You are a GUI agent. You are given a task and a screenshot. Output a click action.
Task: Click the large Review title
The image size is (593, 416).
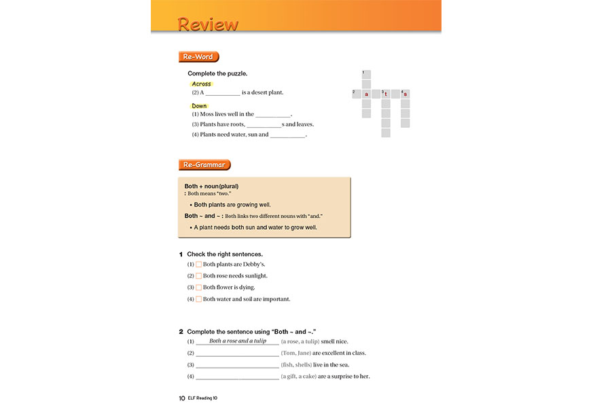point(208,24)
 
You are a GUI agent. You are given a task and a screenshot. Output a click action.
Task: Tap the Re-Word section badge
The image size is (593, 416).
point(198,57)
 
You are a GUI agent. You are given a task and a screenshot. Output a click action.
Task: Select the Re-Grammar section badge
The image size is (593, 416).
point(204,164)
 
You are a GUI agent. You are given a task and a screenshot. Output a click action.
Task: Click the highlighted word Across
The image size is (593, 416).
point(201,84)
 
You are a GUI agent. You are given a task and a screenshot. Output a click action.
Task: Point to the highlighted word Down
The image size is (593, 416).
point(199,106)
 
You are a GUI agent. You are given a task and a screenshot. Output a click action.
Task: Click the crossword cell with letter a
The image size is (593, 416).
point(366,94)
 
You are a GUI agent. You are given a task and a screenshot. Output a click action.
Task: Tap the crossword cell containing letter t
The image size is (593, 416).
point(386,94)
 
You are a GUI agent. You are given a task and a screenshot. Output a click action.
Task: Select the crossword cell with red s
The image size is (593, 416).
point(406,94)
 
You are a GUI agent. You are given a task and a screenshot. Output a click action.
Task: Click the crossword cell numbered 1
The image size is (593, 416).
point(366,75)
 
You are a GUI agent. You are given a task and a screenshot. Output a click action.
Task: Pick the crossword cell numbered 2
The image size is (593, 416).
point(357,94)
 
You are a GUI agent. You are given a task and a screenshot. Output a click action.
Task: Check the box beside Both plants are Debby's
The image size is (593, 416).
point(199,264)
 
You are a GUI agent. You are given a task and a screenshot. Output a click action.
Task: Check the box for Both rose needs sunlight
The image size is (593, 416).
point(199,276)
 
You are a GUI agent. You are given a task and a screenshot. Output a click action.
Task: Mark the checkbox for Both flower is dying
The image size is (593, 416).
point(199,288)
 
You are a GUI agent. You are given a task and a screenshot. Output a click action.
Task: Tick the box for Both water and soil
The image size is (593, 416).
point(199,299)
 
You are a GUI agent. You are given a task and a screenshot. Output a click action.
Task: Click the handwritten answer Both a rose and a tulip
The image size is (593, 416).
point(238,341)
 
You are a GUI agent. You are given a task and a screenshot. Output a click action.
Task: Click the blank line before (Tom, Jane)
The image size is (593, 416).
point(237,353)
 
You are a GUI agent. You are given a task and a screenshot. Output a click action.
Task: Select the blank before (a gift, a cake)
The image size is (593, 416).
point(237,377)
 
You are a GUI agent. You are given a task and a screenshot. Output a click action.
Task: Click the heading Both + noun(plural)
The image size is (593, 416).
point(211,186)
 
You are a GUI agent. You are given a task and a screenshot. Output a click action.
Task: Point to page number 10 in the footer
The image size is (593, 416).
point(173,398)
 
